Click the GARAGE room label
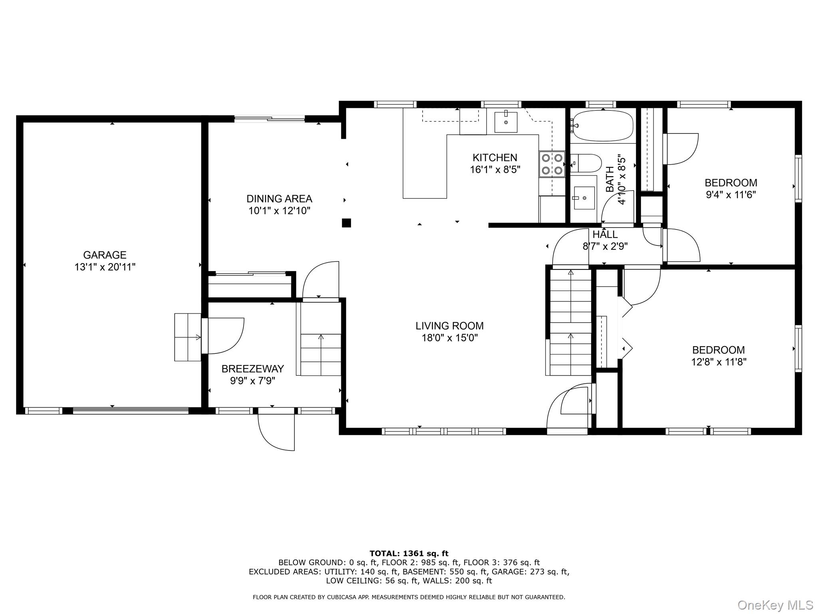click(105, 255)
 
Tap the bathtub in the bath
click(602, 126)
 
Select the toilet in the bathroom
click(586, 163)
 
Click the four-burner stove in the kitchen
click(552, 164)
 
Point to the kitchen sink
click(506, 122)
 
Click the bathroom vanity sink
click(584, 197)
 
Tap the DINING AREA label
click(279, 199)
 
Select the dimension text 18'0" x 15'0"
click(449, 338)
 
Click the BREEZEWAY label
click(252, 369)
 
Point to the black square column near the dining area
click(346, 223)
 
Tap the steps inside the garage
click(187, 337)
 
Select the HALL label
click(605, 234)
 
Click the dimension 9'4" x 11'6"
click(731, 195)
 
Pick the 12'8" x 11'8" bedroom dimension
click(719, 362)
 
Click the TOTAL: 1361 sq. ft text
click(409, 554)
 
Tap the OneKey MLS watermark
click(775, 605)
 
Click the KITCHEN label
click(494, 157)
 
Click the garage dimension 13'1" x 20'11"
click(105, 267)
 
